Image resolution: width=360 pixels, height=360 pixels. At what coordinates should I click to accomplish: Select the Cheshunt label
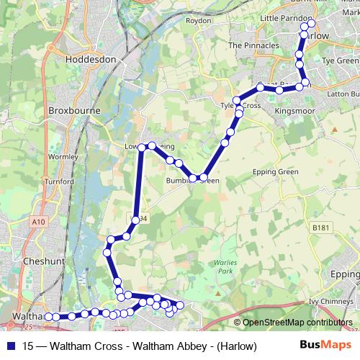click(45, 261)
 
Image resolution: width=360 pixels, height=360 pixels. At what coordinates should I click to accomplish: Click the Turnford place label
click(59, 181)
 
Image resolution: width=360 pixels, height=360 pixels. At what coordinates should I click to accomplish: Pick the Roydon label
click(198, 21)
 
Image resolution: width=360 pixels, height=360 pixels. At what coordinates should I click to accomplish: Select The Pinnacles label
click(253, 45)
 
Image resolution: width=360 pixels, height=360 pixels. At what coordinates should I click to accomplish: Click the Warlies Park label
click(225, 267)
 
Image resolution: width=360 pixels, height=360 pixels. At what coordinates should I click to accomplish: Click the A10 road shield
click(38, 222)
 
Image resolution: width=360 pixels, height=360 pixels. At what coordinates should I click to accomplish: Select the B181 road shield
click(320, 228)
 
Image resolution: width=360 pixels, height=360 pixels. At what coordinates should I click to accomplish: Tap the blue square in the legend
click(10, 346)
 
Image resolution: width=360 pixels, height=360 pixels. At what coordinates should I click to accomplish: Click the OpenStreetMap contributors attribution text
click(296, 323)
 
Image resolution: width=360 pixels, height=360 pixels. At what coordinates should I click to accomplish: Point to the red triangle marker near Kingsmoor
click(334, 130)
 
